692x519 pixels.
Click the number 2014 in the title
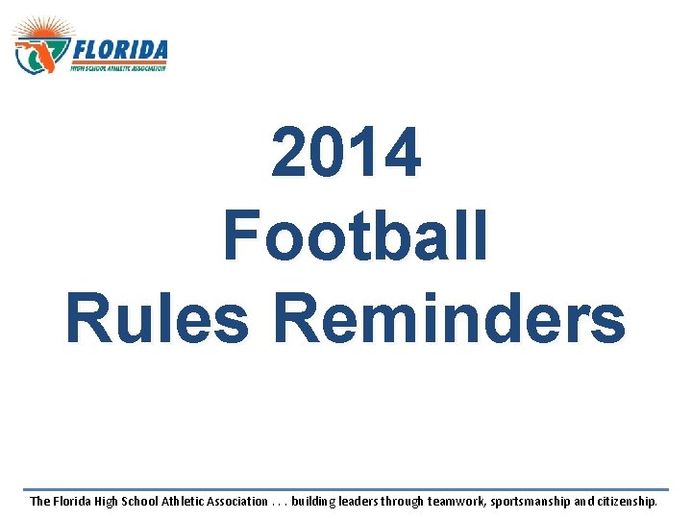346,154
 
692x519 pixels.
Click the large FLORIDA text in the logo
120,50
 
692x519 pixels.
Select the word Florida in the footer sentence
75,501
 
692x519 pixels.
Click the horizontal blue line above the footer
346,488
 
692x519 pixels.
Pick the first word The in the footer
40,501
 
